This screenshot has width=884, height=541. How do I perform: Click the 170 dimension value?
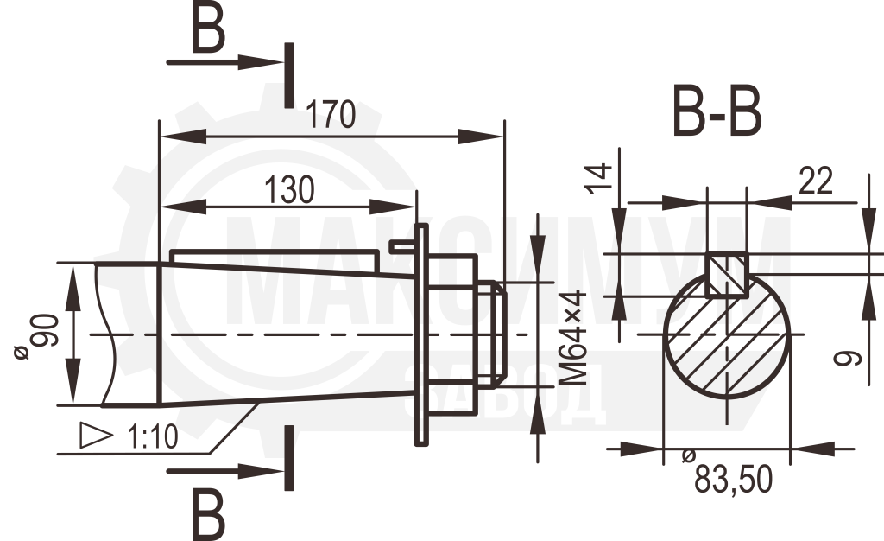pyautogui.click(x=331, y=115)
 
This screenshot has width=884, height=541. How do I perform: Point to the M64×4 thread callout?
pyautogui.click(x=573, y=338)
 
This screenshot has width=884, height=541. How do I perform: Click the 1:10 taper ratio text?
pyautogui.click(x=152, y=436)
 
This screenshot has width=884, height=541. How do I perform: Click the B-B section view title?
pyautogui.click(x=717, y=111)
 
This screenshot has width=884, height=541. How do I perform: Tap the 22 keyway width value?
pyautogui.click(x=816, y=181)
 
